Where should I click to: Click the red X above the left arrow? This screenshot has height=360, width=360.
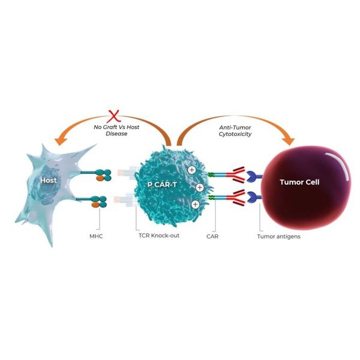tap(113, 116)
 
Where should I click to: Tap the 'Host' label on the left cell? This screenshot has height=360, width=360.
tap(49, 180)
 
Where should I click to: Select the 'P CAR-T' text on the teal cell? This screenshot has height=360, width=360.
tap(162, 184)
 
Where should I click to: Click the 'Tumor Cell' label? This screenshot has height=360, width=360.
tap(299, 182)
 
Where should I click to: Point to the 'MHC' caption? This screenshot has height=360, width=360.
tap(96, 236)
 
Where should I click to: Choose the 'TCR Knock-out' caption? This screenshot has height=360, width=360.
tap(159, 236)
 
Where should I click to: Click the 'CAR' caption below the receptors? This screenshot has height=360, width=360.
tap(212, 236)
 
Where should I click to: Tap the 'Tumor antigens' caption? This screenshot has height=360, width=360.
tap(279, 236)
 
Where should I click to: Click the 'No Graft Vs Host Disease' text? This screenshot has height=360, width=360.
tap(116, 130)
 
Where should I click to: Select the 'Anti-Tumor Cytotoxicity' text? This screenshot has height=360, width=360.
tap(235, 131)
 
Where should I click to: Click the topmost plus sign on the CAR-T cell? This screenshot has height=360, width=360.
tap(192, 170)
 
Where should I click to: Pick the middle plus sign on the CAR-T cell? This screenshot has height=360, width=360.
tap(200, 188)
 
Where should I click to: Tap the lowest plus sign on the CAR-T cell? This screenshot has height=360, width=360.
tap(196, 204)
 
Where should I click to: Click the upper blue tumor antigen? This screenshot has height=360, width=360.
tap(254, 177)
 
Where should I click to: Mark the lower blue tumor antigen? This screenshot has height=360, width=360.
tap(254, 197)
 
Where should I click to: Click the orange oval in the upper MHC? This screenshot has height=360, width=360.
tap(100, 178)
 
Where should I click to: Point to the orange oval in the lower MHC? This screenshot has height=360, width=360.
tap(95, 205)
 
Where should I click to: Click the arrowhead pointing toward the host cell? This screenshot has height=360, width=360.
tap(61, 141)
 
